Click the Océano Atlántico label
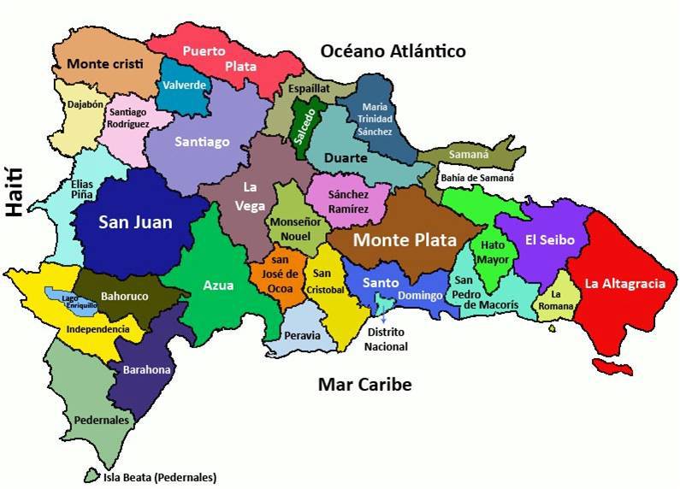(x=393, y=51)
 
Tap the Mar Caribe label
(x=364, y=385)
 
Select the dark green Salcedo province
(x=305, y=127)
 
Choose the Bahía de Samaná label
(x=477, y=179)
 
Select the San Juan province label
(x=135, y=223)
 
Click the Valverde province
(x=183, y=86)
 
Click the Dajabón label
(x=85, y=104)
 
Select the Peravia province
(x=302, y=335)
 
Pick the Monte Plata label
(x=404, y=240)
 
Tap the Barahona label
(x=147, y=370)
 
